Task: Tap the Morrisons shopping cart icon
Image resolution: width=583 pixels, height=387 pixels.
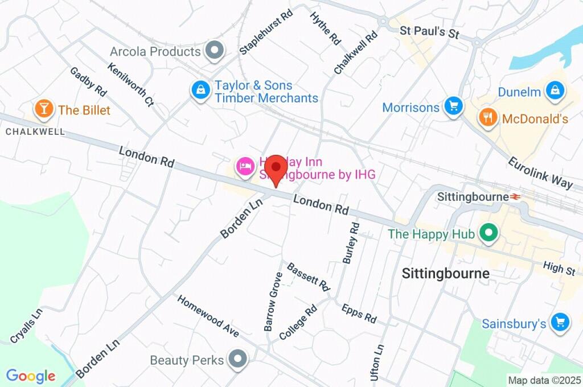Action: pyautogui.click(x=454, y=106)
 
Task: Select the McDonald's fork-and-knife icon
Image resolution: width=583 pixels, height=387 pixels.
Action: pyautogui.click(x=487, y=118)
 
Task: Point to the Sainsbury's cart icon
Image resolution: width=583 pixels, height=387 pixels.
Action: pyautogui.click(x=560, y=322)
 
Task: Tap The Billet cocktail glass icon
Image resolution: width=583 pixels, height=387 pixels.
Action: pyautogui.click(x=44, y=109)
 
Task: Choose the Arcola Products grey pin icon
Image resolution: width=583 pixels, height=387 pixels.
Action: pyautogui.click(x=215, y=51)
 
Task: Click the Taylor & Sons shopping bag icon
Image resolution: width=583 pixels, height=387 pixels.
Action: pyautogui.click(x=200, y=90)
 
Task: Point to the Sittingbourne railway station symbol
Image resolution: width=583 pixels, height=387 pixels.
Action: pyautogui.click(x=516, y=196)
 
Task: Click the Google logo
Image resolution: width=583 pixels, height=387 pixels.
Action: pyautogui.click(x=31, y=376)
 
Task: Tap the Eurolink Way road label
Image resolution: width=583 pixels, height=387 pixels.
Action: pyautogui.click(x=540, y=172)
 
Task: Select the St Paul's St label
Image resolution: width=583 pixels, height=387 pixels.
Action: pyautogui.click(x=429, y=32)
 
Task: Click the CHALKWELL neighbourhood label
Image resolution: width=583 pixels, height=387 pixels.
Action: pyautogui.click(x=35, y=131)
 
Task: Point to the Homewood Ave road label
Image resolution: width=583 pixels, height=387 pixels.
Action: pyautogui.click(x=207, y=316)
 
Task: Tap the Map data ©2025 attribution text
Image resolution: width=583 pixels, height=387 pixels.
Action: pyautogui.click(x=545, y=380)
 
